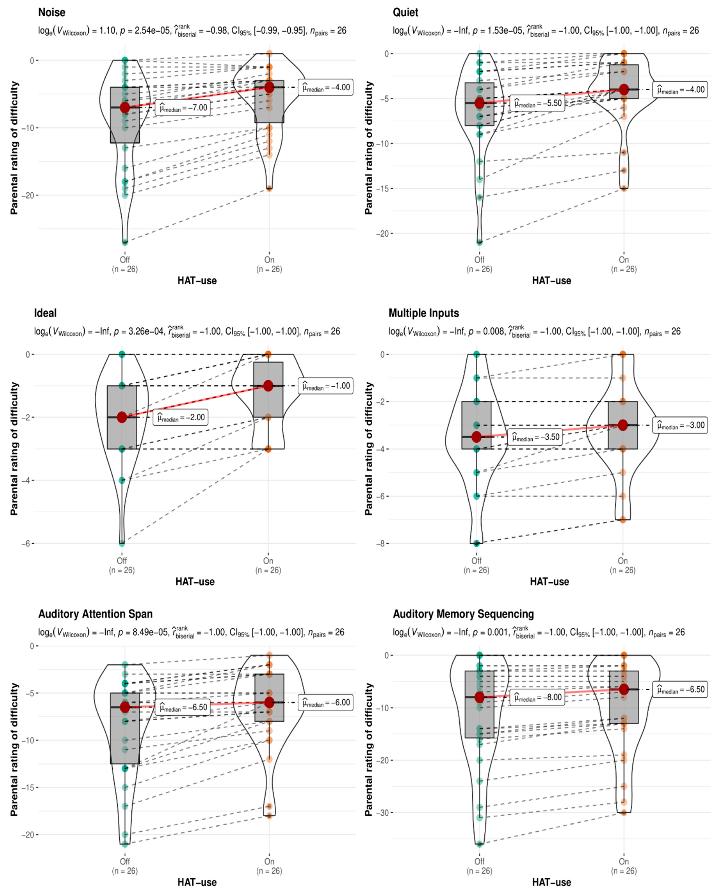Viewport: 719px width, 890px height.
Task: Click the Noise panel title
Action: pyautogui.click(x=52, y=12)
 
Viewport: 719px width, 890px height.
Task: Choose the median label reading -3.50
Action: pyautogui.click(x=536, y=437)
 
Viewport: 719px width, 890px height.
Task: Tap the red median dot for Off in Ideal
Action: pyautogui.click(x=122, y=417)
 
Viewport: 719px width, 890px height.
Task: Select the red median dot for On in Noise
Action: pyautogui.click(x=269, y=87)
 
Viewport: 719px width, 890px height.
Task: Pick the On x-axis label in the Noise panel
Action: pyautogui.click(x=269, y=260)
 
